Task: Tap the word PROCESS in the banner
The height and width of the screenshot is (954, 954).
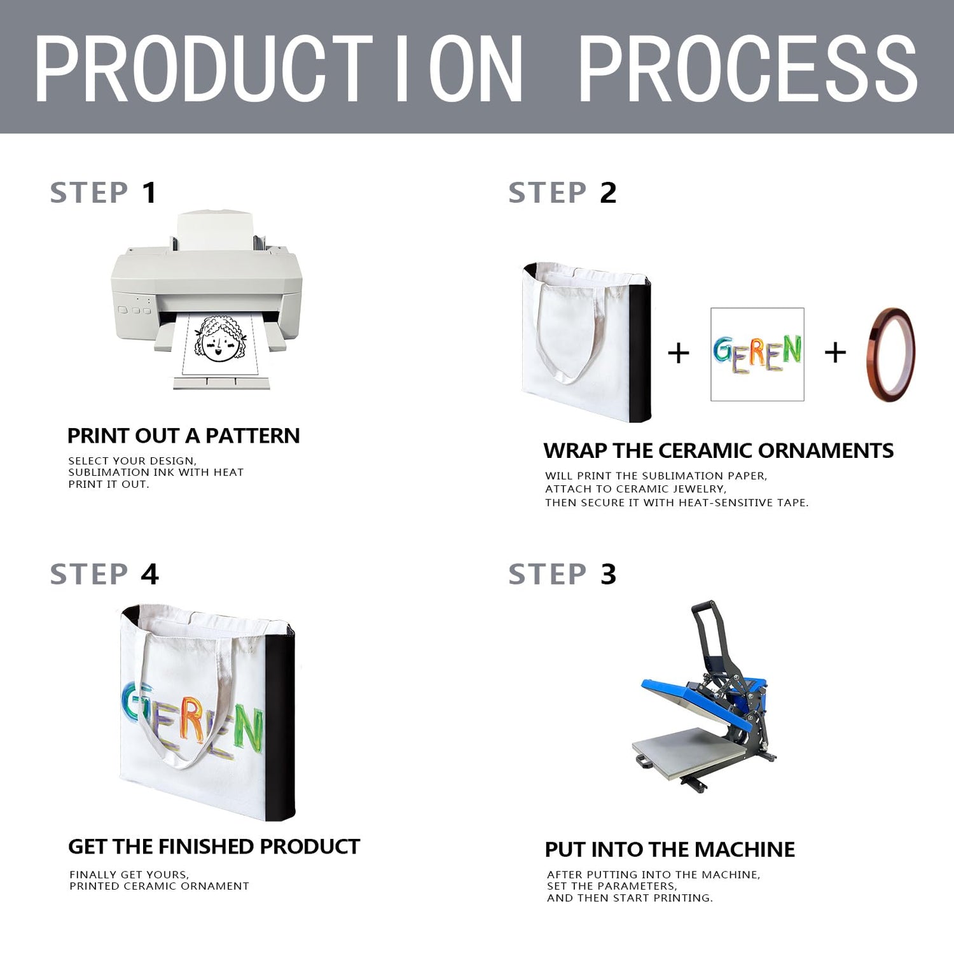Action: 749,69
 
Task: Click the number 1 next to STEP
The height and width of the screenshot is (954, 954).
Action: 149,193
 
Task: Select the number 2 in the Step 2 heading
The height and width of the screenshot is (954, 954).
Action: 608,193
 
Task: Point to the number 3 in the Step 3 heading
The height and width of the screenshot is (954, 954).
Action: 608,574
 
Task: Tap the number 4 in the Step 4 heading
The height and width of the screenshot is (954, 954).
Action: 149,574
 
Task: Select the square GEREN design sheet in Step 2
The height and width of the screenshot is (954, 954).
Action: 757,354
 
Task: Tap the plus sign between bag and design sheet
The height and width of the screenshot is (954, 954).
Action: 679,353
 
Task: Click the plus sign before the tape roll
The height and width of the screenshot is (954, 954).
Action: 835,352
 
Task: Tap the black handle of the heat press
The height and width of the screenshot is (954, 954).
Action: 707,630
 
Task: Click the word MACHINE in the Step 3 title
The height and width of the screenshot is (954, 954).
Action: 745,850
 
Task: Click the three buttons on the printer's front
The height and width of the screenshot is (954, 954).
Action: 134,310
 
